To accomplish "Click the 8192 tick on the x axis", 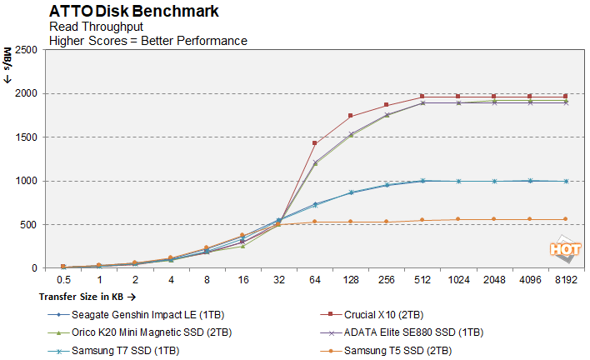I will pos(566,281).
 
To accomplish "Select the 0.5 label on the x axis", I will pos(62,281).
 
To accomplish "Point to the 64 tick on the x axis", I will pos(314,281).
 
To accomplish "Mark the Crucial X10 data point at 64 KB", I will pos(314,143).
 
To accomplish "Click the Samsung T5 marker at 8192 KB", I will pos(566,219).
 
